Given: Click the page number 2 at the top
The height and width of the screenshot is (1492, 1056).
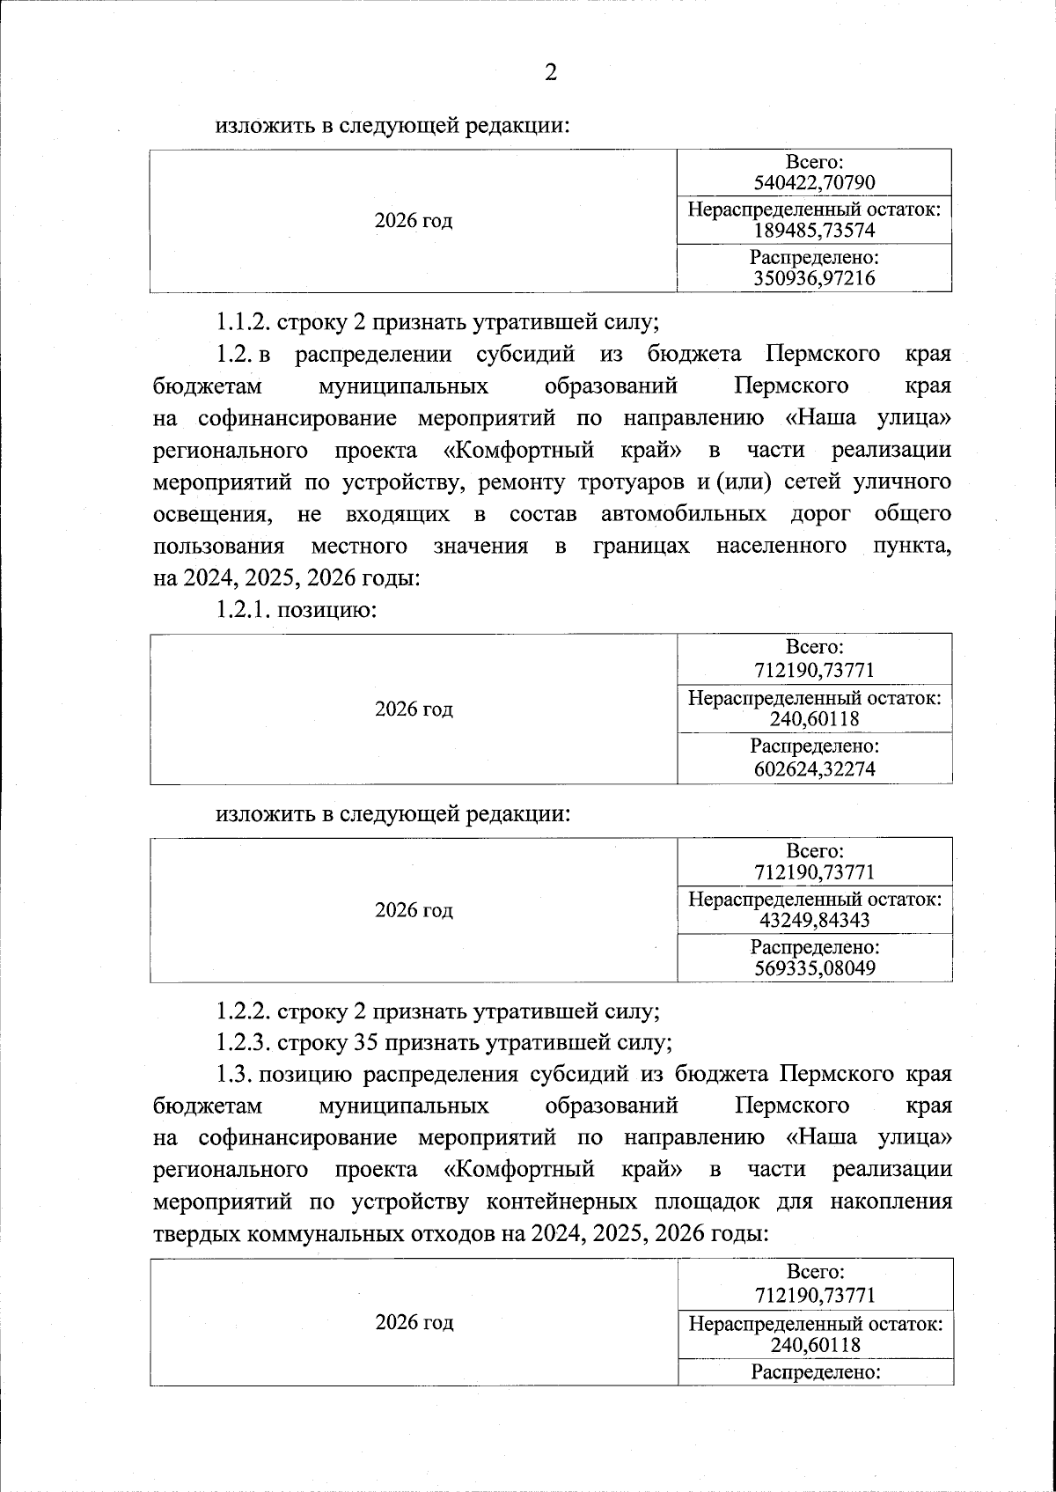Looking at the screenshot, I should click(x=551, y=72).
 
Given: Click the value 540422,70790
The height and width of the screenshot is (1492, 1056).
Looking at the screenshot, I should click(x=815, y=183).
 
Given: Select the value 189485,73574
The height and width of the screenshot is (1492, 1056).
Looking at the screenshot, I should click(x=815, y=231).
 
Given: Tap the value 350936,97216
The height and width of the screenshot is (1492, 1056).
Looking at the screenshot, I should click(x=815, y=279).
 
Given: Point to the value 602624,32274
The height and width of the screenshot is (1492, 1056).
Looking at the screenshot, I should click(x=815, y=768).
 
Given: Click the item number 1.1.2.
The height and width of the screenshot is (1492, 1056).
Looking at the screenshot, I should click(x=244, y=322).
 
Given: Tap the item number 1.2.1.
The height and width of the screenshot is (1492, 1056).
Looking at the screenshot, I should click(x=244, y=610).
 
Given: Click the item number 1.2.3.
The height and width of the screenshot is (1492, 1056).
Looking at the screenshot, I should click(x=244, y=1043).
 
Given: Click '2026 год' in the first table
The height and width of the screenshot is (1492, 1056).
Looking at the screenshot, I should click(x=414, y=221).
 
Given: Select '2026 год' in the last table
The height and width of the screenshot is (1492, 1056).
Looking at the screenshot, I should click(x=414, y=1322).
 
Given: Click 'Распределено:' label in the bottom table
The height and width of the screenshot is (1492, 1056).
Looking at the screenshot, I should click(x=815, y=1372).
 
